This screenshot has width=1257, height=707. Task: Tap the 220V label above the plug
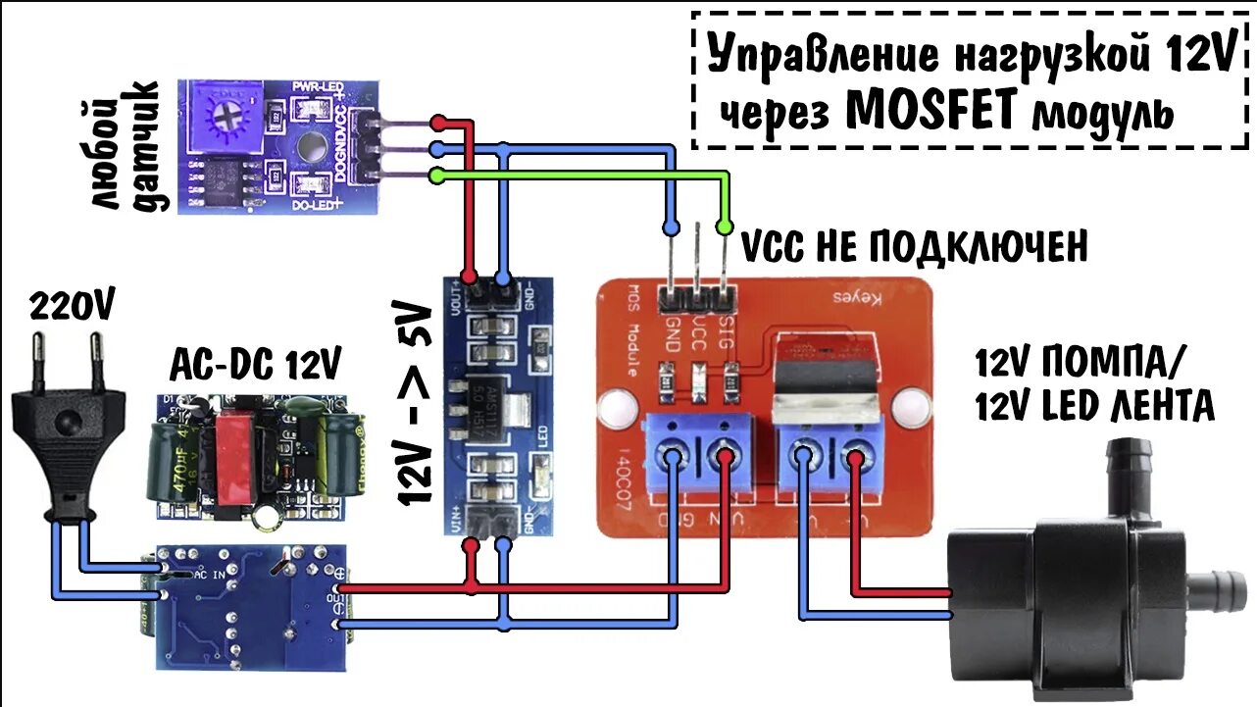[x=71, y=306]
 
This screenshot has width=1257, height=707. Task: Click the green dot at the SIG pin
[x=725, y=227]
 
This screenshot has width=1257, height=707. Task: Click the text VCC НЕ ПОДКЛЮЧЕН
[x=913, y=247]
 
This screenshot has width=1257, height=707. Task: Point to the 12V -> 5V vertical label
[x=416, y=404]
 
